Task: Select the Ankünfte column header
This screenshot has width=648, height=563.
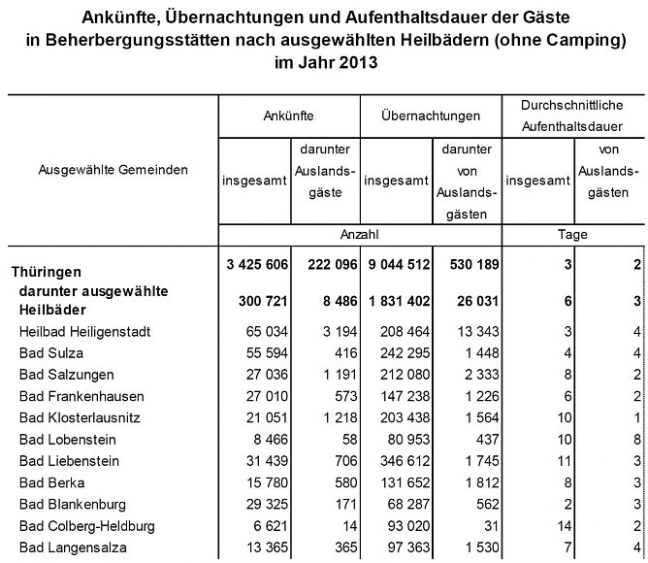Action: [288, 116]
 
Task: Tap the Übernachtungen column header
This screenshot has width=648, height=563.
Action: [430, 116]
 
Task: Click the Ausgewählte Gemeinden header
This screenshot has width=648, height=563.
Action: [113, 169]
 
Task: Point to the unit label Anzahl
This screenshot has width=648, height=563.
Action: [359, 235]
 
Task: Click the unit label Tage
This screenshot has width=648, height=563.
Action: [574, 235]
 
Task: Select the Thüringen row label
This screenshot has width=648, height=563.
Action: [46, 272]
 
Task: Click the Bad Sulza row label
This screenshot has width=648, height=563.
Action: [48, 353]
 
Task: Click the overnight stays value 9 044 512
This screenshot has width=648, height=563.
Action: [392, 265]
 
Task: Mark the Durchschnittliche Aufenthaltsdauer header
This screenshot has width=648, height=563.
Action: [574, 116]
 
